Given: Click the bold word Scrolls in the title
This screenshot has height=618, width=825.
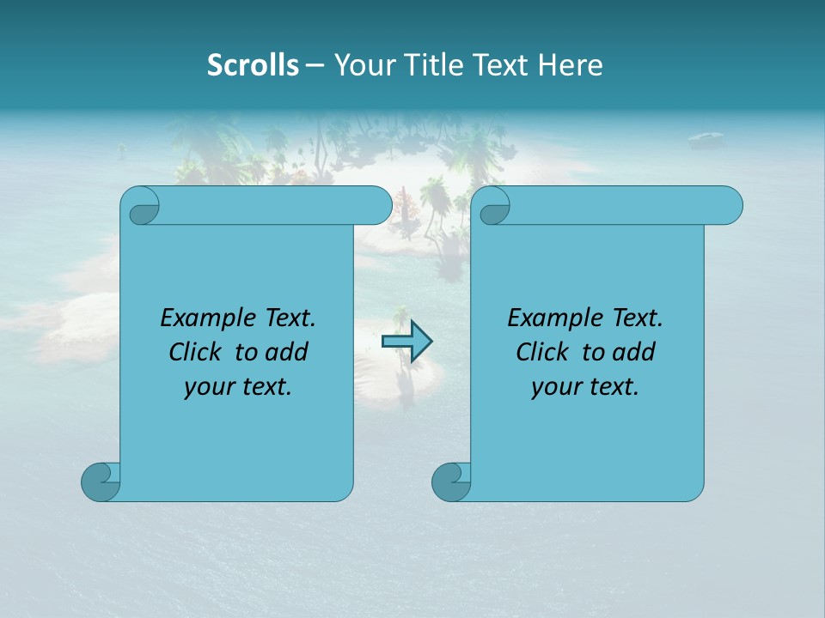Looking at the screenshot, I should pos(253,64).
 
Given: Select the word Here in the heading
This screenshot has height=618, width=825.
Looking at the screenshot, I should pos(570,64).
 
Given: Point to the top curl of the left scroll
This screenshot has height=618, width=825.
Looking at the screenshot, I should pos(141,206).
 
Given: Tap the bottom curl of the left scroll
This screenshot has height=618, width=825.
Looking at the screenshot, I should pos(100,482).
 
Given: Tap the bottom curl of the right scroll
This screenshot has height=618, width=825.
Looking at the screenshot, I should pos(450,482).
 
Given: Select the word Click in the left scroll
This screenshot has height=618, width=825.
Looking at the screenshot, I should pos(194,353).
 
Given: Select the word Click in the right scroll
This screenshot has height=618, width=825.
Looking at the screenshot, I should pos(541,353).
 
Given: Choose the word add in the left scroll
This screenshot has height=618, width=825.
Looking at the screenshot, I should pos(287,353).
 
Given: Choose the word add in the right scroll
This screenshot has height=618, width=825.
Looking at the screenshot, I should pos(634,353).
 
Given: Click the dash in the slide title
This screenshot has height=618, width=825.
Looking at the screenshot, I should pos(315,64).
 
